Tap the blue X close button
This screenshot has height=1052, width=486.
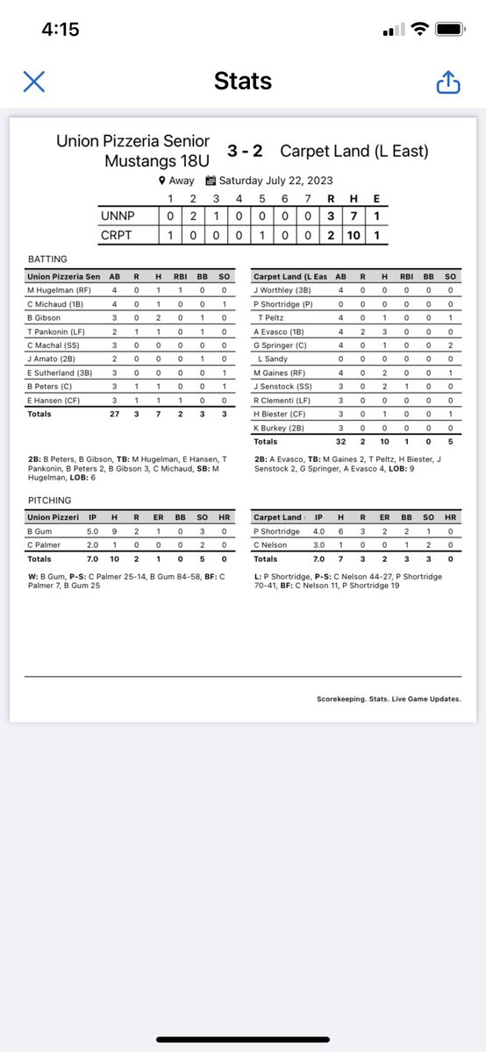click(x=33, y=82)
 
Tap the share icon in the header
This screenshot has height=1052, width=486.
click(x=448, y=82)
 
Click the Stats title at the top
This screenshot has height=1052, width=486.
click(x=243, y=82)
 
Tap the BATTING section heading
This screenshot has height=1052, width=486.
click(x=46, y=259)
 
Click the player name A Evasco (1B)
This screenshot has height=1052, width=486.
click(x=282, y=331)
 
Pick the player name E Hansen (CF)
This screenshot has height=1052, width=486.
click(x=50, y=400)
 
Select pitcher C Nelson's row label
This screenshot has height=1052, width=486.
click(x=271, y=544)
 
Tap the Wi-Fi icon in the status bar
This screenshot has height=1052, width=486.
click(x=420, y=29)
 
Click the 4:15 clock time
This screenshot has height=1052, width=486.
click(x=61, y=29)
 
